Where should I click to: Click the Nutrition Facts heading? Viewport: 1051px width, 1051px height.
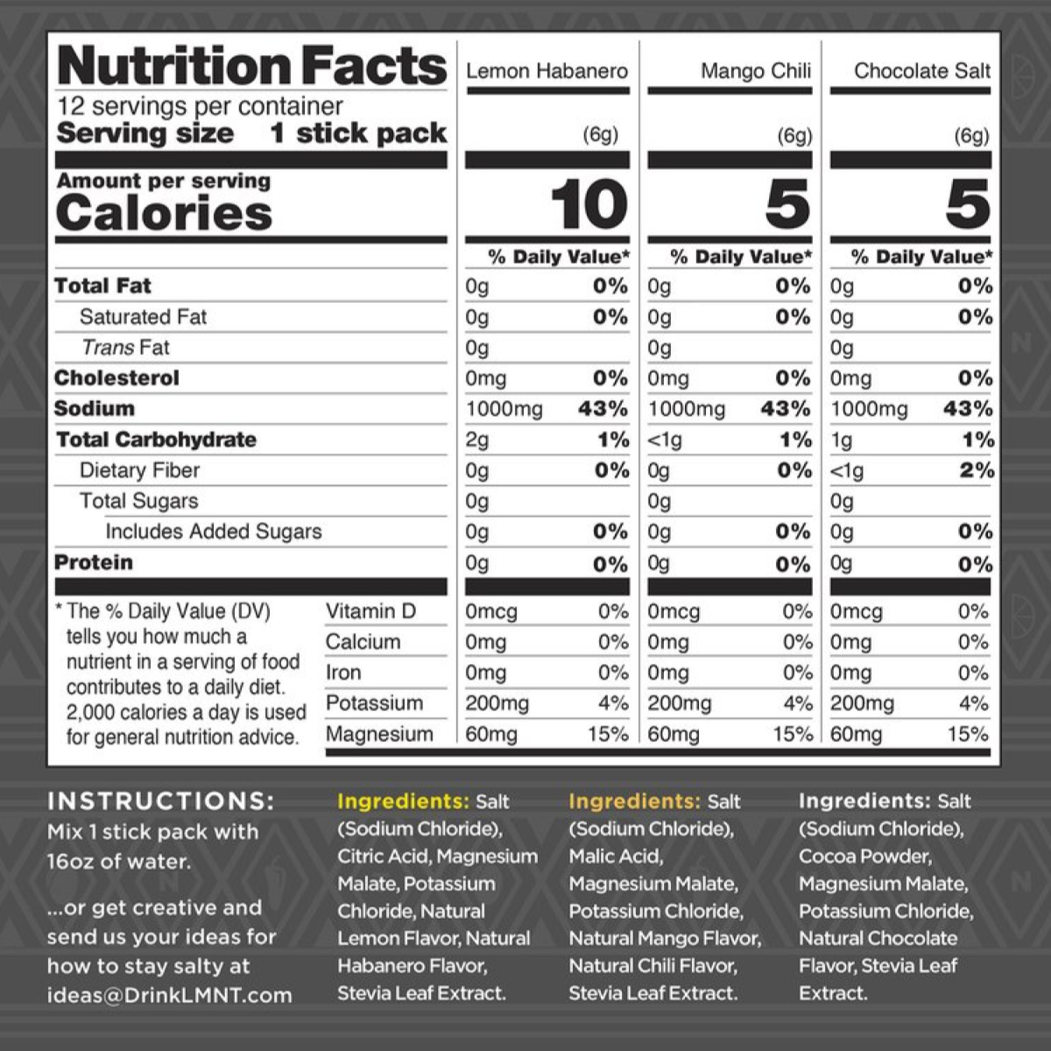251,67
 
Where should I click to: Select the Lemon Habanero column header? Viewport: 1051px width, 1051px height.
547,71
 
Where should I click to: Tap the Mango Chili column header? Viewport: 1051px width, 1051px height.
755,71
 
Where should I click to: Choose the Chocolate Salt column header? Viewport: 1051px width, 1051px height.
922,71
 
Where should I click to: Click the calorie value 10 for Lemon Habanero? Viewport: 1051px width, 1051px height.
589,205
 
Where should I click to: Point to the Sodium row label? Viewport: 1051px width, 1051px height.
95,409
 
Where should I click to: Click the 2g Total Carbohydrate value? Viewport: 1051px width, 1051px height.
477,440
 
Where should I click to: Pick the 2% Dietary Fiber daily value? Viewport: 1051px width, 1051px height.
976,470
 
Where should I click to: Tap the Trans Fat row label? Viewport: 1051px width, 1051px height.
125,348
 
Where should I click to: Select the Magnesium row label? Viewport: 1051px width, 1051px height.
379,734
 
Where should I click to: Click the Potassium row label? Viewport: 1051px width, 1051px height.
374,703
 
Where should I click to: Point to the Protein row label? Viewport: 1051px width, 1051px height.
94,562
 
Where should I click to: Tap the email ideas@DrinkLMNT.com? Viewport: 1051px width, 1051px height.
169,995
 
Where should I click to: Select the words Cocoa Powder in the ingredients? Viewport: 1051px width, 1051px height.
864,856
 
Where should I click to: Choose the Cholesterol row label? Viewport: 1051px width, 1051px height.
116,378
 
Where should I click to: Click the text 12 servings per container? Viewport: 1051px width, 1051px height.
200,107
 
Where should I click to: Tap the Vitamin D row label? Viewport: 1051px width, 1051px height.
370,611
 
